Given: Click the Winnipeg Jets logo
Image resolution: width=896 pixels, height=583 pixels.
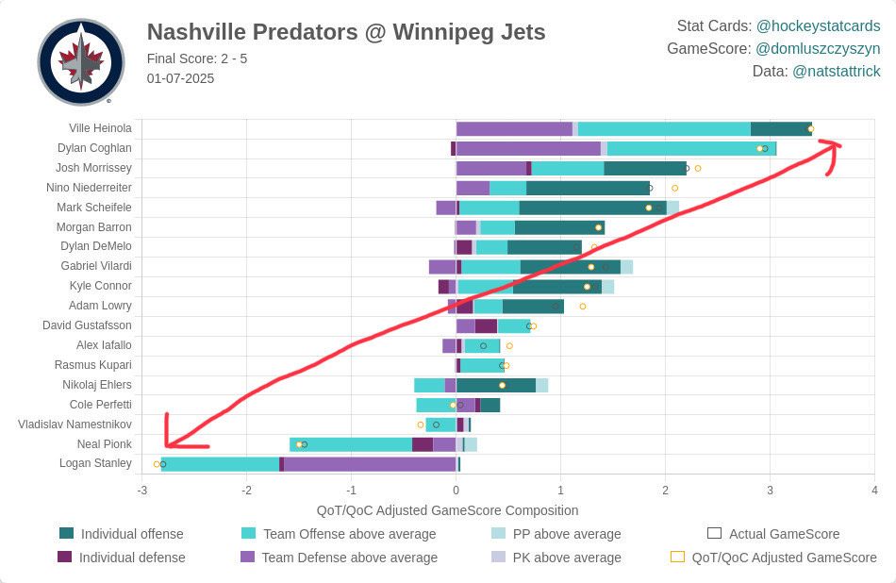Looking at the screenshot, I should click(x=81, y=61).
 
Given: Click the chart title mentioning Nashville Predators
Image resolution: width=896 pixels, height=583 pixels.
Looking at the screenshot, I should click(x=346, y=32).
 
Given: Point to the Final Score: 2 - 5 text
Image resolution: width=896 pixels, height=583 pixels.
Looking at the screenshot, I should click(x=197, y=58).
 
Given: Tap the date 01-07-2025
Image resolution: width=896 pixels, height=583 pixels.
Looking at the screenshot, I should click(x=180, y=78).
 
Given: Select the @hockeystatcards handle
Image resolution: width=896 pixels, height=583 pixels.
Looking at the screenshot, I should click(x=818, y=25).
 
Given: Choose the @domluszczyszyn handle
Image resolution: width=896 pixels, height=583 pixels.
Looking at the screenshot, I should click(x=818, y=48).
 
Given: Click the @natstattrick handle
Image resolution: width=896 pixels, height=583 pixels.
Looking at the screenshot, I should click(x=837, y=71).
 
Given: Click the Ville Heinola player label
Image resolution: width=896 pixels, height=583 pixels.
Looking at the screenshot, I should click(x=100, y=128).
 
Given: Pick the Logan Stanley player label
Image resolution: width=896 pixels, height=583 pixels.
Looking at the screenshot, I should click(x=95, y=463).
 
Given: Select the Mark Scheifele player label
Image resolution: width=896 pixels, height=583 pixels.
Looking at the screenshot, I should click(x=94, y=208).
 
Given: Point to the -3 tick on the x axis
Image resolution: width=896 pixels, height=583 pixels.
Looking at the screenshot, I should click(x=141, y=491).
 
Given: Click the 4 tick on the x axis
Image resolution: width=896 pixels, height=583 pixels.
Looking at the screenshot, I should click(x=874, y=491).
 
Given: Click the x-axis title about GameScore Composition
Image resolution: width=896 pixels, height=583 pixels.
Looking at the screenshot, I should click(x=447, y=510).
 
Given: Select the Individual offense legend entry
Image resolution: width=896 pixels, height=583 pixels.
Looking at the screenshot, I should click(x=132, y=534).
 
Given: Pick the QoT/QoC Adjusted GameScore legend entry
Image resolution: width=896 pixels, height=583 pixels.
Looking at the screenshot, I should click(x=784, y=558).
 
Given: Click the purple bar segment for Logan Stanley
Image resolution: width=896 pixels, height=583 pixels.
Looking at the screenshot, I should click(x=370, y=463).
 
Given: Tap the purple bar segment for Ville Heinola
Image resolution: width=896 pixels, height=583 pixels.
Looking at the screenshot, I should click(x=514, y=128).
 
